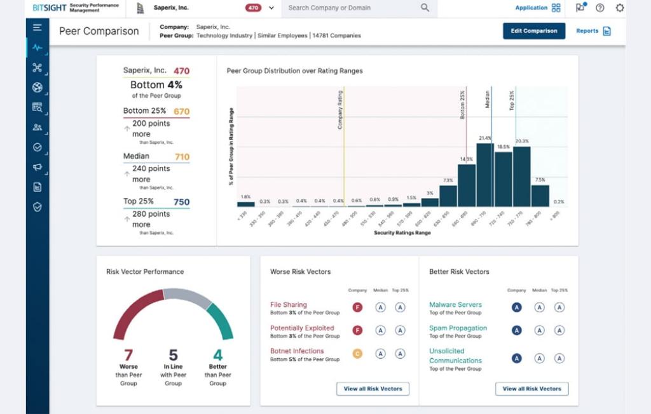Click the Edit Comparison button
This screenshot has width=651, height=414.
[x=533, y=31]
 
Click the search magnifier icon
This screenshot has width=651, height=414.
[x=425, y=8]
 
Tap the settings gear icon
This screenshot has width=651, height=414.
[x=620, y=8]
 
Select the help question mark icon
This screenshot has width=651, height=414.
[x=600, y=8]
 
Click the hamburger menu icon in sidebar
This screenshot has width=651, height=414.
[x=37, y=28]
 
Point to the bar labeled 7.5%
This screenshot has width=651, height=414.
[x=540, y=196]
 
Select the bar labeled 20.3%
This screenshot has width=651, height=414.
[x=521, y=177]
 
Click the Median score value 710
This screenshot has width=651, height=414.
[x=182, y=157]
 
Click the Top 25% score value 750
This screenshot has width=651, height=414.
[x=182, y=203]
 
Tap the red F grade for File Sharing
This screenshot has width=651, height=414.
[x=357, y=307]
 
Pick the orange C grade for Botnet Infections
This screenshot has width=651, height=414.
[x=357, y=354]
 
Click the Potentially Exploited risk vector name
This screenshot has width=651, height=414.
[x=302, y=328]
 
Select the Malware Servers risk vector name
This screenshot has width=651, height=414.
[x=455, y=305]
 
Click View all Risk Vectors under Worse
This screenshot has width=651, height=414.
[x=373, y=389]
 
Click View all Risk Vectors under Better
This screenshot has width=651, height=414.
[x=531, y=389]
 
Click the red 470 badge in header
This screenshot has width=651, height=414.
[x=254, y=8]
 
